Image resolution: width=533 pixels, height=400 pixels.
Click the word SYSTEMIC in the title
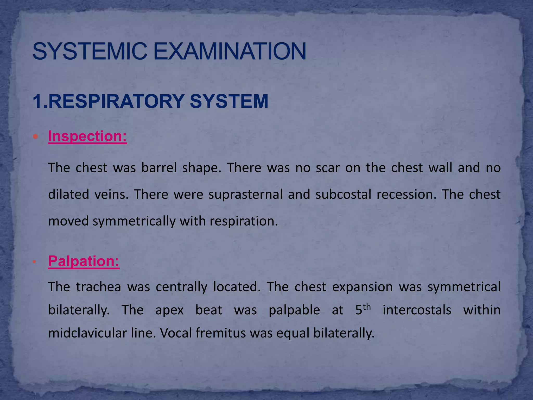tap(90, 51)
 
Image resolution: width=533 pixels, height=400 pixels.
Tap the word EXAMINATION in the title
tap(230, 51)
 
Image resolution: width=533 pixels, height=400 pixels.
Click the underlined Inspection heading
tap(87, 136)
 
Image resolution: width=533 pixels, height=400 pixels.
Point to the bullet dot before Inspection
tap(36, 136)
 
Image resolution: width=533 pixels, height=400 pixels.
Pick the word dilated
tap(69, 194)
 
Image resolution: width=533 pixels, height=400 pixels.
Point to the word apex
tap(169, 310)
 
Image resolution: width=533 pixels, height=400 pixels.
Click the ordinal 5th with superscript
tap(363, 309)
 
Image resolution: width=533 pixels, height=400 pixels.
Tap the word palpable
tap(294, 310)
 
